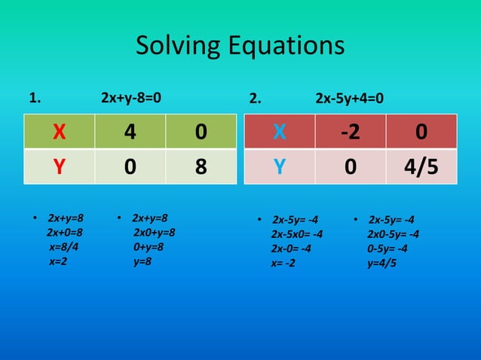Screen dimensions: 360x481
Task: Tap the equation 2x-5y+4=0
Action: [349, 98]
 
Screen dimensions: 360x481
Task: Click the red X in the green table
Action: [59, 132]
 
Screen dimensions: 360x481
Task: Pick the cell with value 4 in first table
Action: [130, 132]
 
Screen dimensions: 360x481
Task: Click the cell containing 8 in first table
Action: [201, 166]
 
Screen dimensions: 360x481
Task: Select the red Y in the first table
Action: [59, 166]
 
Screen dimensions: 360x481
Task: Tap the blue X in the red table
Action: [279, 132]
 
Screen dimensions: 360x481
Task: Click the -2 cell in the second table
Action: [350, 132]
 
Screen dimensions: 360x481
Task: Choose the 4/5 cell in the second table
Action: [421, 166]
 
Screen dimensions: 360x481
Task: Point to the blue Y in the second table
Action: [279, 166]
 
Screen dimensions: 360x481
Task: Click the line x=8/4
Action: [63, 247]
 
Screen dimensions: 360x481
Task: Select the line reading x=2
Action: [58, 261]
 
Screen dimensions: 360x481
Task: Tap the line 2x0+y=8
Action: [154, 233]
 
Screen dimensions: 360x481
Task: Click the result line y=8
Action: [142, 261]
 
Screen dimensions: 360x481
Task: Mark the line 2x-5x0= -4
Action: [297, 234]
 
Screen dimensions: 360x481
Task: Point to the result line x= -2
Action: [283, 263]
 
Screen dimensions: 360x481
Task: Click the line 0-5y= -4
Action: [388, 249]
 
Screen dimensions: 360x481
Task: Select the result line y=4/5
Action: [381, 263]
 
